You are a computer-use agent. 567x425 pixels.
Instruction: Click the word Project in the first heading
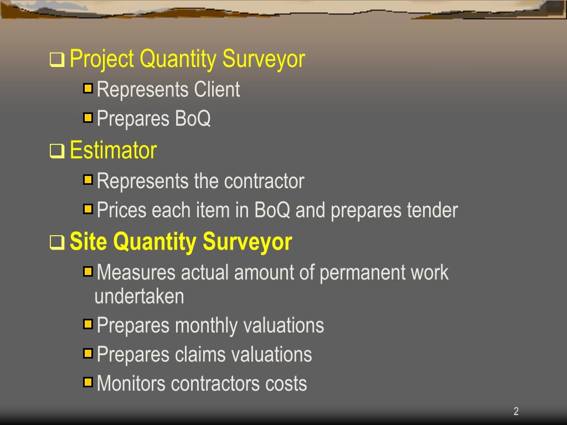tap(102, 59)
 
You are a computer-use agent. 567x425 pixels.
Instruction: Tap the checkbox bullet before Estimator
tap(57, 151)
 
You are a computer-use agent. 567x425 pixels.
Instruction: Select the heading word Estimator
tap(114, 151)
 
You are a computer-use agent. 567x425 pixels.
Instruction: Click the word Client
tap(217, 90)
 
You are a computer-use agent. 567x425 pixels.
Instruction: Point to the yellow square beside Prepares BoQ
tap(88, 117)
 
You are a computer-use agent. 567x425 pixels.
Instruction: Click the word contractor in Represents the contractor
tap(264, 181)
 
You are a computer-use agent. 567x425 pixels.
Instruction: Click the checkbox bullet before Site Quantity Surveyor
tap(57, 243)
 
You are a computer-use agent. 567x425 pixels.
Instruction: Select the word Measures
tap(136, 273)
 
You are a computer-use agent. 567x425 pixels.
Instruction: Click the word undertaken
tap(139, 297)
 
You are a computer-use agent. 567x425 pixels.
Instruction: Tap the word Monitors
tap(131, 383)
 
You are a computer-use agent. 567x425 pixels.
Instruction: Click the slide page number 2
tap(516, 411)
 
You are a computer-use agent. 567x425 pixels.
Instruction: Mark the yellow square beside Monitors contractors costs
tap(88, 382)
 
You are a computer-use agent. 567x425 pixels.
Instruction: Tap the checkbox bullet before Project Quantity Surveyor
tap(57, 59)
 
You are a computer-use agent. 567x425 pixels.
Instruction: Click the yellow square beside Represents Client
tap(88, 88)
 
